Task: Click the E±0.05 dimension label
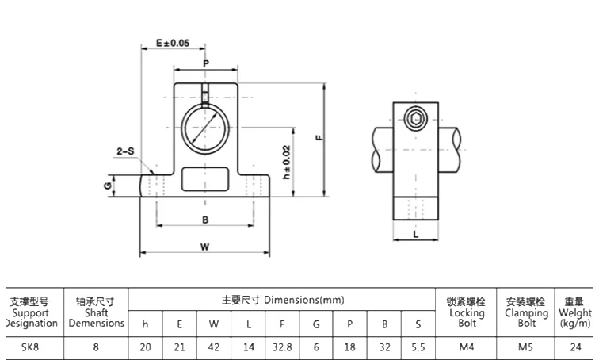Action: click(173, 43)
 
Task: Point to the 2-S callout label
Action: click(125, 150)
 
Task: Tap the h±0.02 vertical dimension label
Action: click(287, 163)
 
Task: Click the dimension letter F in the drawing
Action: click(318, 136)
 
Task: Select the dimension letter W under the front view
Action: click(204, 247)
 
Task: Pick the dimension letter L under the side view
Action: click(415, 234)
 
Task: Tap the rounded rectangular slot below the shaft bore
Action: click(204, 179)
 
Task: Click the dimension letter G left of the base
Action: click(106, 186)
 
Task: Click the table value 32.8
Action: click(282, 347)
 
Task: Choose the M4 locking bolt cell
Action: click(467, 347)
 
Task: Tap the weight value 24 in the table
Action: click(574, 347)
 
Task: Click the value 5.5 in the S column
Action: click(418, 347)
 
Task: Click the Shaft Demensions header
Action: click(96, 312)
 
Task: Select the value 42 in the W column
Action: click(214, 347)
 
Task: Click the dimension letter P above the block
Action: click(205, 63)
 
